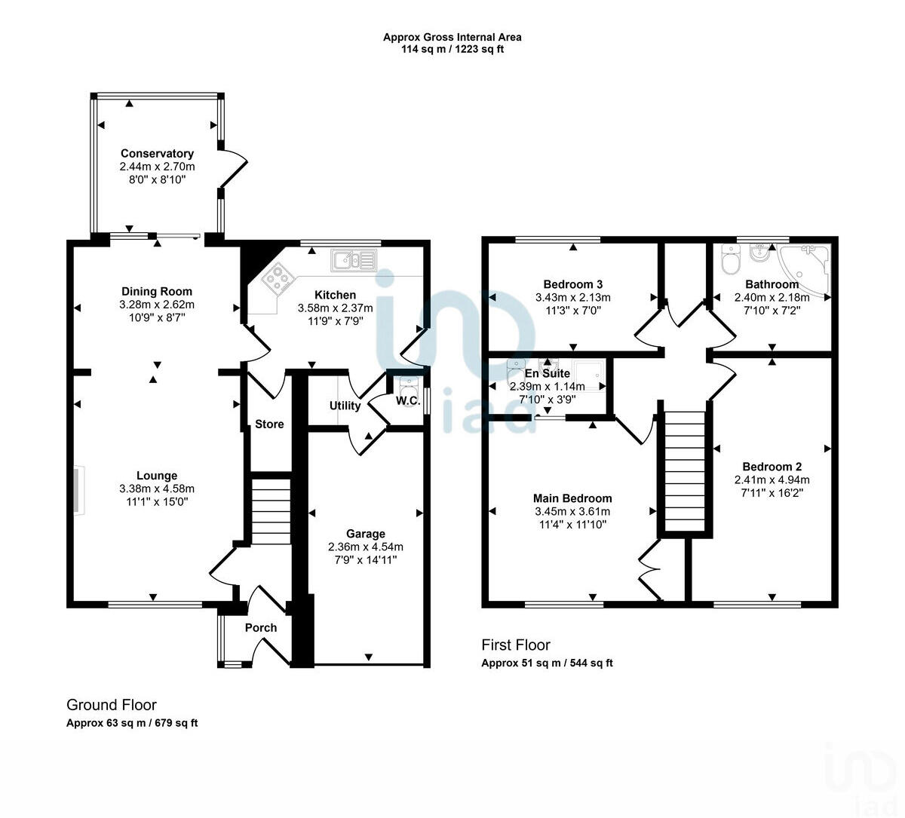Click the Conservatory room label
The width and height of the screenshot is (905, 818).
click(157, 154)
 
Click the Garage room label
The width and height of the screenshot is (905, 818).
click(366, 534)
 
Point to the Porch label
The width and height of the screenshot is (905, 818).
click(261, 627)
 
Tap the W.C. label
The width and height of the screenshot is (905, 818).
click(408, 400)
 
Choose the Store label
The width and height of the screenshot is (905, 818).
click(269, 424)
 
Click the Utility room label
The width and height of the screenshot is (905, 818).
click(345, 406)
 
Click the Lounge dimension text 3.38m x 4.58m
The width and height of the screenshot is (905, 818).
click(157, 489)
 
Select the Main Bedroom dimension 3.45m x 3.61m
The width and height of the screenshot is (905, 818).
click(572, 511)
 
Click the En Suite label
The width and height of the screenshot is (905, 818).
click(547, 373)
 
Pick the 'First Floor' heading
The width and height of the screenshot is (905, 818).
click(516, 645)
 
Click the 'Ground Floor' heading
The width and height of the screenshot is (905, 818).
click(112, 705)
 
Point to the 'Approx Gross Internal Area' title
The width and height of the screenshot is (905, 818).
click(452, 37)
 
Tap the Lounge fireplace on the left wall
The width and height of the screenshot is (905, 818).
click(78, 492)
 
